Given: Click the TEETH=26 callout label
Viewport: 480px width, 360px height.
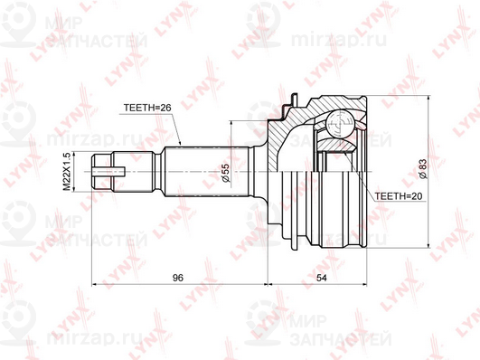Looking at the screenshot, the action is click(x=147, y=108).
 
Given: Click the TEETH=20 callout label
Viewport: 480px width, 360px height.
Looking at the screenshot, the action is click(x=399, y=195).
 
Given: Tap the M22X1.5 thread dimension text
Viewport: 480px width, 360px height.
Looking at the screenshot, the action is click(x=67, y=171).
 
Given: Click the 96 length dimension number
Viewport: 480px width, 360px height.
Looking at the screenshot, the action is click(x=177, y=278).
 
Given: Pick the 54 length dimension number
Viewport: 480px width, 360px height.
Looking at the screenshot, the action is click(x=322, y=278).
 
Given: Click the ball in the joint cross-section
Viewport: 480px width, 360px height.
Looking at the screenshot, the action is click(x=340, y=124).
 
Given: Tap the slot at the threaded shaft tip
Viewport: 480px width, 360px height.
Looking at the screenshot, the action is click(x=108, y=172).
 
